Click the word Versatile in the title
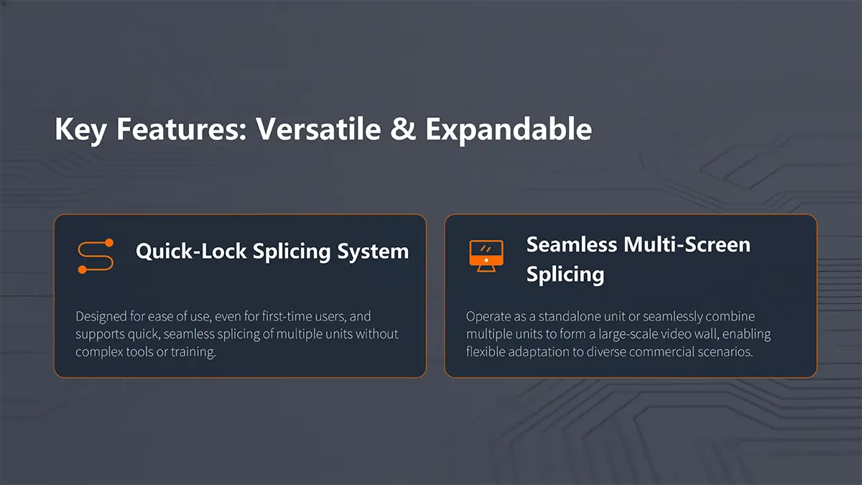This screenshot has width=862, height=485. pos(318,129)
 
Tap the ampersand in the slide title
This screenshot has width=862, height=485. pos(403,129)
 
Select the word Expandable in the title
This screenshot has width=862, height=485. pos(509,131)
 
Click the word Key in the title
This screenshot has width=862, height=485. pos(80,131)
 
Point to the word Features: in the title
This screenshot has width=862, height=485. pos(181,129)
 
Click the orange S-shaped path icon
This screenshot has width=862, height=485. pos(96,256)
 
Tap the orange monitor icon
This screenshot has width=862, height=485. pos(486,256)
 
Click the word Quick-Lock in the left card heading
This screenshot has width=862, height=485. pos(191,251)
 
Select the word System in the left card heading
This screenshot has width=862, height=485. pos(373,252)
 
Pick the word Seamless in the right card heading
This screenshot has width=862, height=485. pos(572,244)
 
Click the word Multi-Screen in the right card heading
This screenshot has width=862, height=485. pos(687,244)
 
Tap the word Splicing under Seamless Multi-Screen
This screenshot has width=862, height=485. pos(565,274)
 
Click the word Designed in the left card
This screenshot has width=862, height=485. pos(101,317)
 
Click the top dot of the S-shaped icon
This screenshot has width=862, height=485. pos(109,243)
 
